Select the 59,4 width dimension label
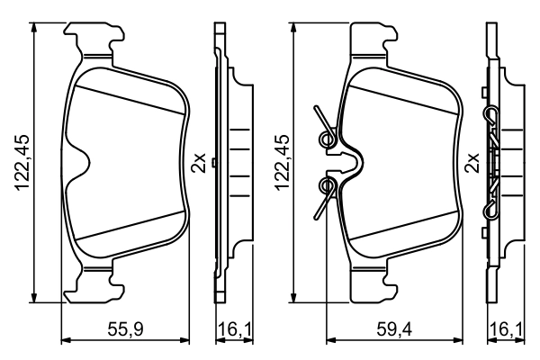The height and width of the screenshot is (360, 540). (390, 331)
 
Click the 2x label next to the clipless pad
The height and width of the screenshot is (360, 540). (199, 164)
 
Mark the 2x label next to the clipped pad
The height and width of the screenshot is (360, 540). (470, 164)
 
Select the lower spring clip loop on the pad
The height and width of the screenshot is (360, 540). (328, 186)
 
